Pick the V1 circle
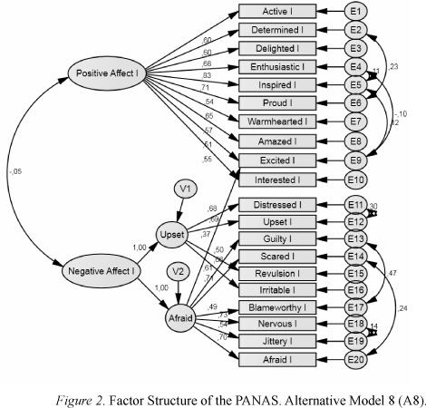click(x=186, y=189)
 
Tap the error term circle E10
click(x=356, y=179)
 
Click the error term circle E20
click(x=356, y=359)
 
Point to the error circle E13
click(x=356, y=238)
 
